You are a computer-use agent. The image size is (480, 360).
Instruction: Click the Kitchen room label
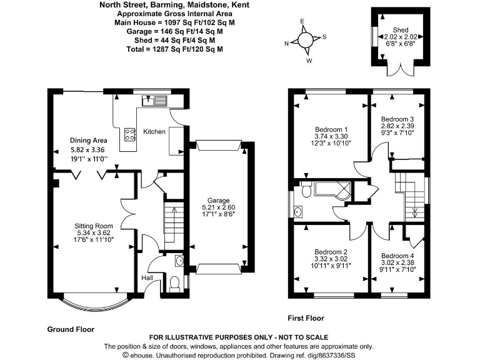[x=154, y=132]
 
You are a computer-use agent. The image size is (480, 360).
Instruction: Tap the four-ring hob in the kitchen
[x=130, y=134]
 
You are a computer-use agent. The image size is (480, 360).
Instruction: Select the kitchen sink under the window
[x=154, y=101]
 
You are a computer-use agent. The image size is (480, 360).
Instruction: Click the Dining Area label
[x=89, y=141]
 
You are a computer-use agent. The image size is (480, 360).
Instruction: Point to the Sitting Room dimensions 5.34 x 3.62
[x=94, y=232]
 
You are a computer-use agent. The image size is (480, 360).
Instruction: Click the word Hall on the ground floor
[x=147, y=278]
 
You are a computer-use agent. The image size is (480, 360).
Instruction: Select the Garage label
[x=218, y=201]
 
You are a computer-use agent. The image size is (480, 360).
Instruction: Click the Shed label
[x=401, y=30]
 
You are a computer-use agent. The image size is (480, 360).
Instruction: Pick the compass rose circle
[x=305, y=41]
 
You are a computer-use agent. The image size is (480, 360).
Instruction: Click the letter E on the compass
[x=302, y=21]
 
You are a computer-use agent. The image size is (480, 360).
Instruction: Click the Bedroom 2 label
[x=331, y=252]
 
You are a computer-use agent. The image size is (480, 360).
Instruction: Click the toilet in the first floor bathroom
[x=306, y=190]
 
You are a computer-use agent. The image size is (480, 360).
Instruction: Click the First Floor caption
[x=306, y=318]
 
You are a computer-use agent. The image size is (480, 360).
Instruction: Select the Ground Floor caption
[x=71, y=329]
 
